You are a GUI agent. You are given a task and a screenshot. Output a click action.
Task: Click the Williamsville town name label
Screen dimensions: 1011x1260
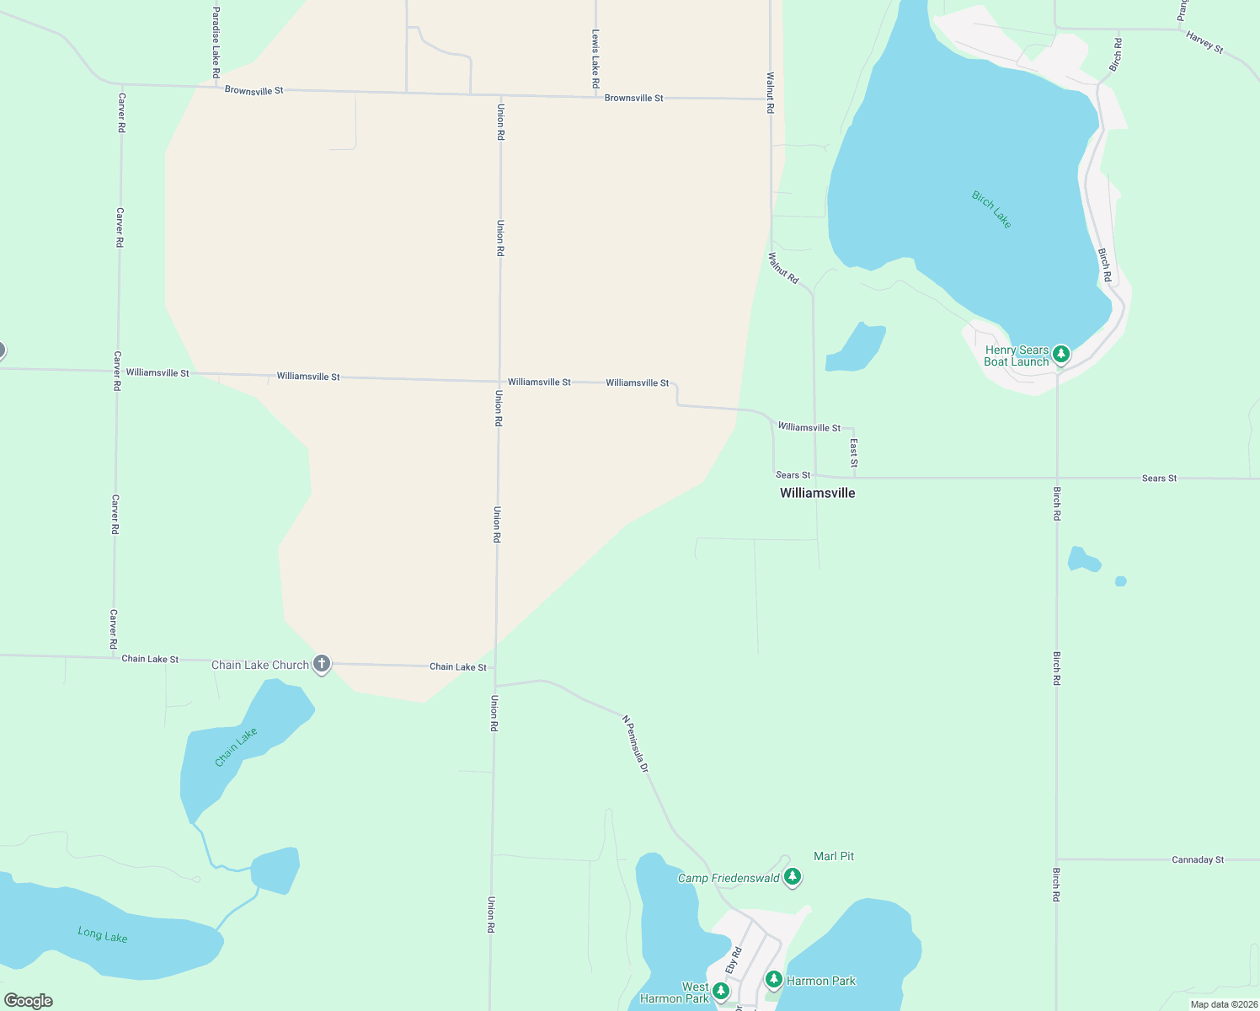coord(817,493)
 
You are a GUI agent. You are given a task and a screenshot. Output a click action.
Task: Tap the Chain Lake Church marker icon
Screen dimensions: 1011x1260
coord(321,664)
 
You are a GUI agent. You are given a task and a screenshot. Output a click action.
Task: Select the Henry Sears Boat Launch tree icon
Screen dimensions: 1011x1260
coord(1061,354)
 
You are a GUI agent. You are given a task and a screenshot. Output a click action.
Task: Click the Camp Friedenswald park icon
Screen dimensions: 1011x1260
coord(792,877)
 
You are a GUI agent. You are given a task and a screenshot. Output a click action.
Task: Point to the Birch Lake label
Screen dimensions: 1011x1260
coord(991,210)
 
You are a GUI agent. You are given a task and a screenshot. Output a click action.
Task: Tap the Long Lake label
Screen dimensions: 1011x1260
coord(103,934)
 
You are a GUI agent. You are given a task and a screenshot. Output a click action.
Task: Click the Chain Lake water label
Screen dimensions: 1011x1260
coord(236,747)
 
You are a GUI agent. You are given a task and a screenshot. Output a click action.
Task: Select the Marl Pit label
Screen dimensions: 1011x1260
coord(834,856)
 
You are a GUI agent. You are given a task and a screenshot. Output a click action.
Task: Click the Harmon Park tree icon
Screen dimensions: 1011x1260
coord(774,980)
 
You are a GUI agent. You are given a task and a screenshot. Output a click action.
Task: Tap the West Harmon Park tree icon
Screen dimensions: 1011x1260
coord(720,991)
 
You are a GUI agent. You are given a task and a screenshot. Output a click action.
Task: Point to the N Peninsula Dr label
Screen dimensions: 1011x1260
coord(636,744)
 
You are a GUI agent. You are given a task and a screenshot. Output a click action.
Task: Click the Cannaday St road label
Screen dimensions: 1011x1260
coord(1198,860)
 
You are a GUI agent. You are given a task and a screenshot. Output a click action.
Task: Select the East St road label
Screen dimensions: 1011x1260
coord(854,452)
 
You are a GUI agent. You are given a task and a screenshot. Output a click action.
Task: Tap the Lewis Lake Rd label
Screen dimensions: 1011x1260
coord(595,59)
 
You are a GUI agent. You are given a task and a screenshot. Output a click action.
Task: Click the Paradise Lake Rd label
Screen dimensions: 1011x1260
coord(216,42)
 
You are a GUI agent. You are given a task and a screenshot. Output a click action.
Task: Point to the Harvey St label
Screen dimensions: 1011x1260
coord(1204,42)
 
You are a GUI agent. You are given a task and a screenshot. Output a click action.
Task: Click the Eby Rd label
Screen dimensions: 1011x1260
coord(734,961)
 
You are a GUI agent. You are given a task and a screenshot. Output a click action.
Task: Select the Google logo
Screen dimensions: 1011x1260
coord(29,1001)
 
